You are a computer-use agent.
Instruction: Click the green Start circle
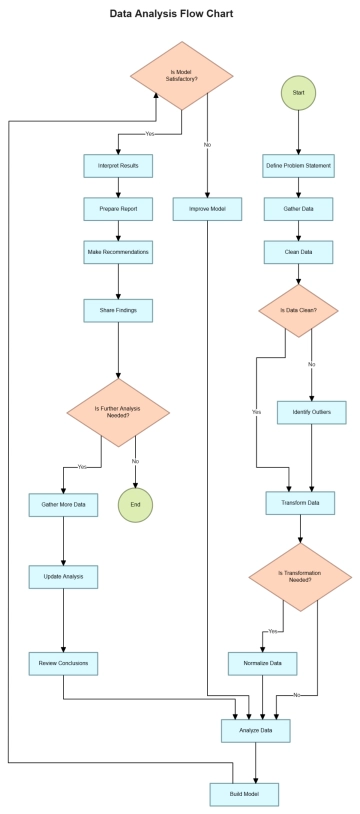(x=298, y=92)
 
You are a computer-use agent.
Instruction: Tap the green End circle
(x=135, y=505)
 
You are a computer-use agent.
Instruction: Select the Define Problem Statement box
(x=298, y=165)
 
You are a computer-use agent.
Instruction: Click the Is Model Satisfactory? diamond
(x=182, y=76)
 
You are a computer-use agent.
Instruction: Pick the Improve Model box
(x=207, y=210)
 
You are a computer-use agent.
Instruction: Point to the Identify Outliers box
(x=311, y=412)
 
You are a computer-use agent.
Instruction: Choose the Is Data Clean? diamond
(x=298, y=312)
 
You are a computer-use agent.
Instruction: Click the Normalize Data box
(x=262, y=663)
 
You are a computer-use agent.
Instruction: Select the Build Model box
(x=243, y=795)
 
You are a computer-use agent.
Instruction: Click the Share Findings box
(x=118, y=310)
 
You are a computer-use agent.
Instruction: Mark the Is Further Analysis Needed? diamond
(x=118, y=412)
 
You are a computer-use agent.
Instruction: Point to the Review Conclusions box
(x=64, y=663)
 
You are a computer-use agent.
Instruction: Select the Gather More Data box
(x=64, y=505)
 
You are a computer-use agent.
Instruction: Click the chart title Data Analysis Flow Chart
(x=180, y=15)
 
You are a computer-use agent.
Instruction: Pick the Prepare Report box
(x=118, y=210)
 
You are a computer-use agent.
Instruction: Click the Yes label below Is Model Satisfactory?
(x=150, y=133)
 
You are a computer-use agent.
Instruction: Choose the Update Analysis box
(x=64, y=577)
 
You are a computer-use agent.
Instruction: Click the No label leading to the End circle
(x=135, y=461)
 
